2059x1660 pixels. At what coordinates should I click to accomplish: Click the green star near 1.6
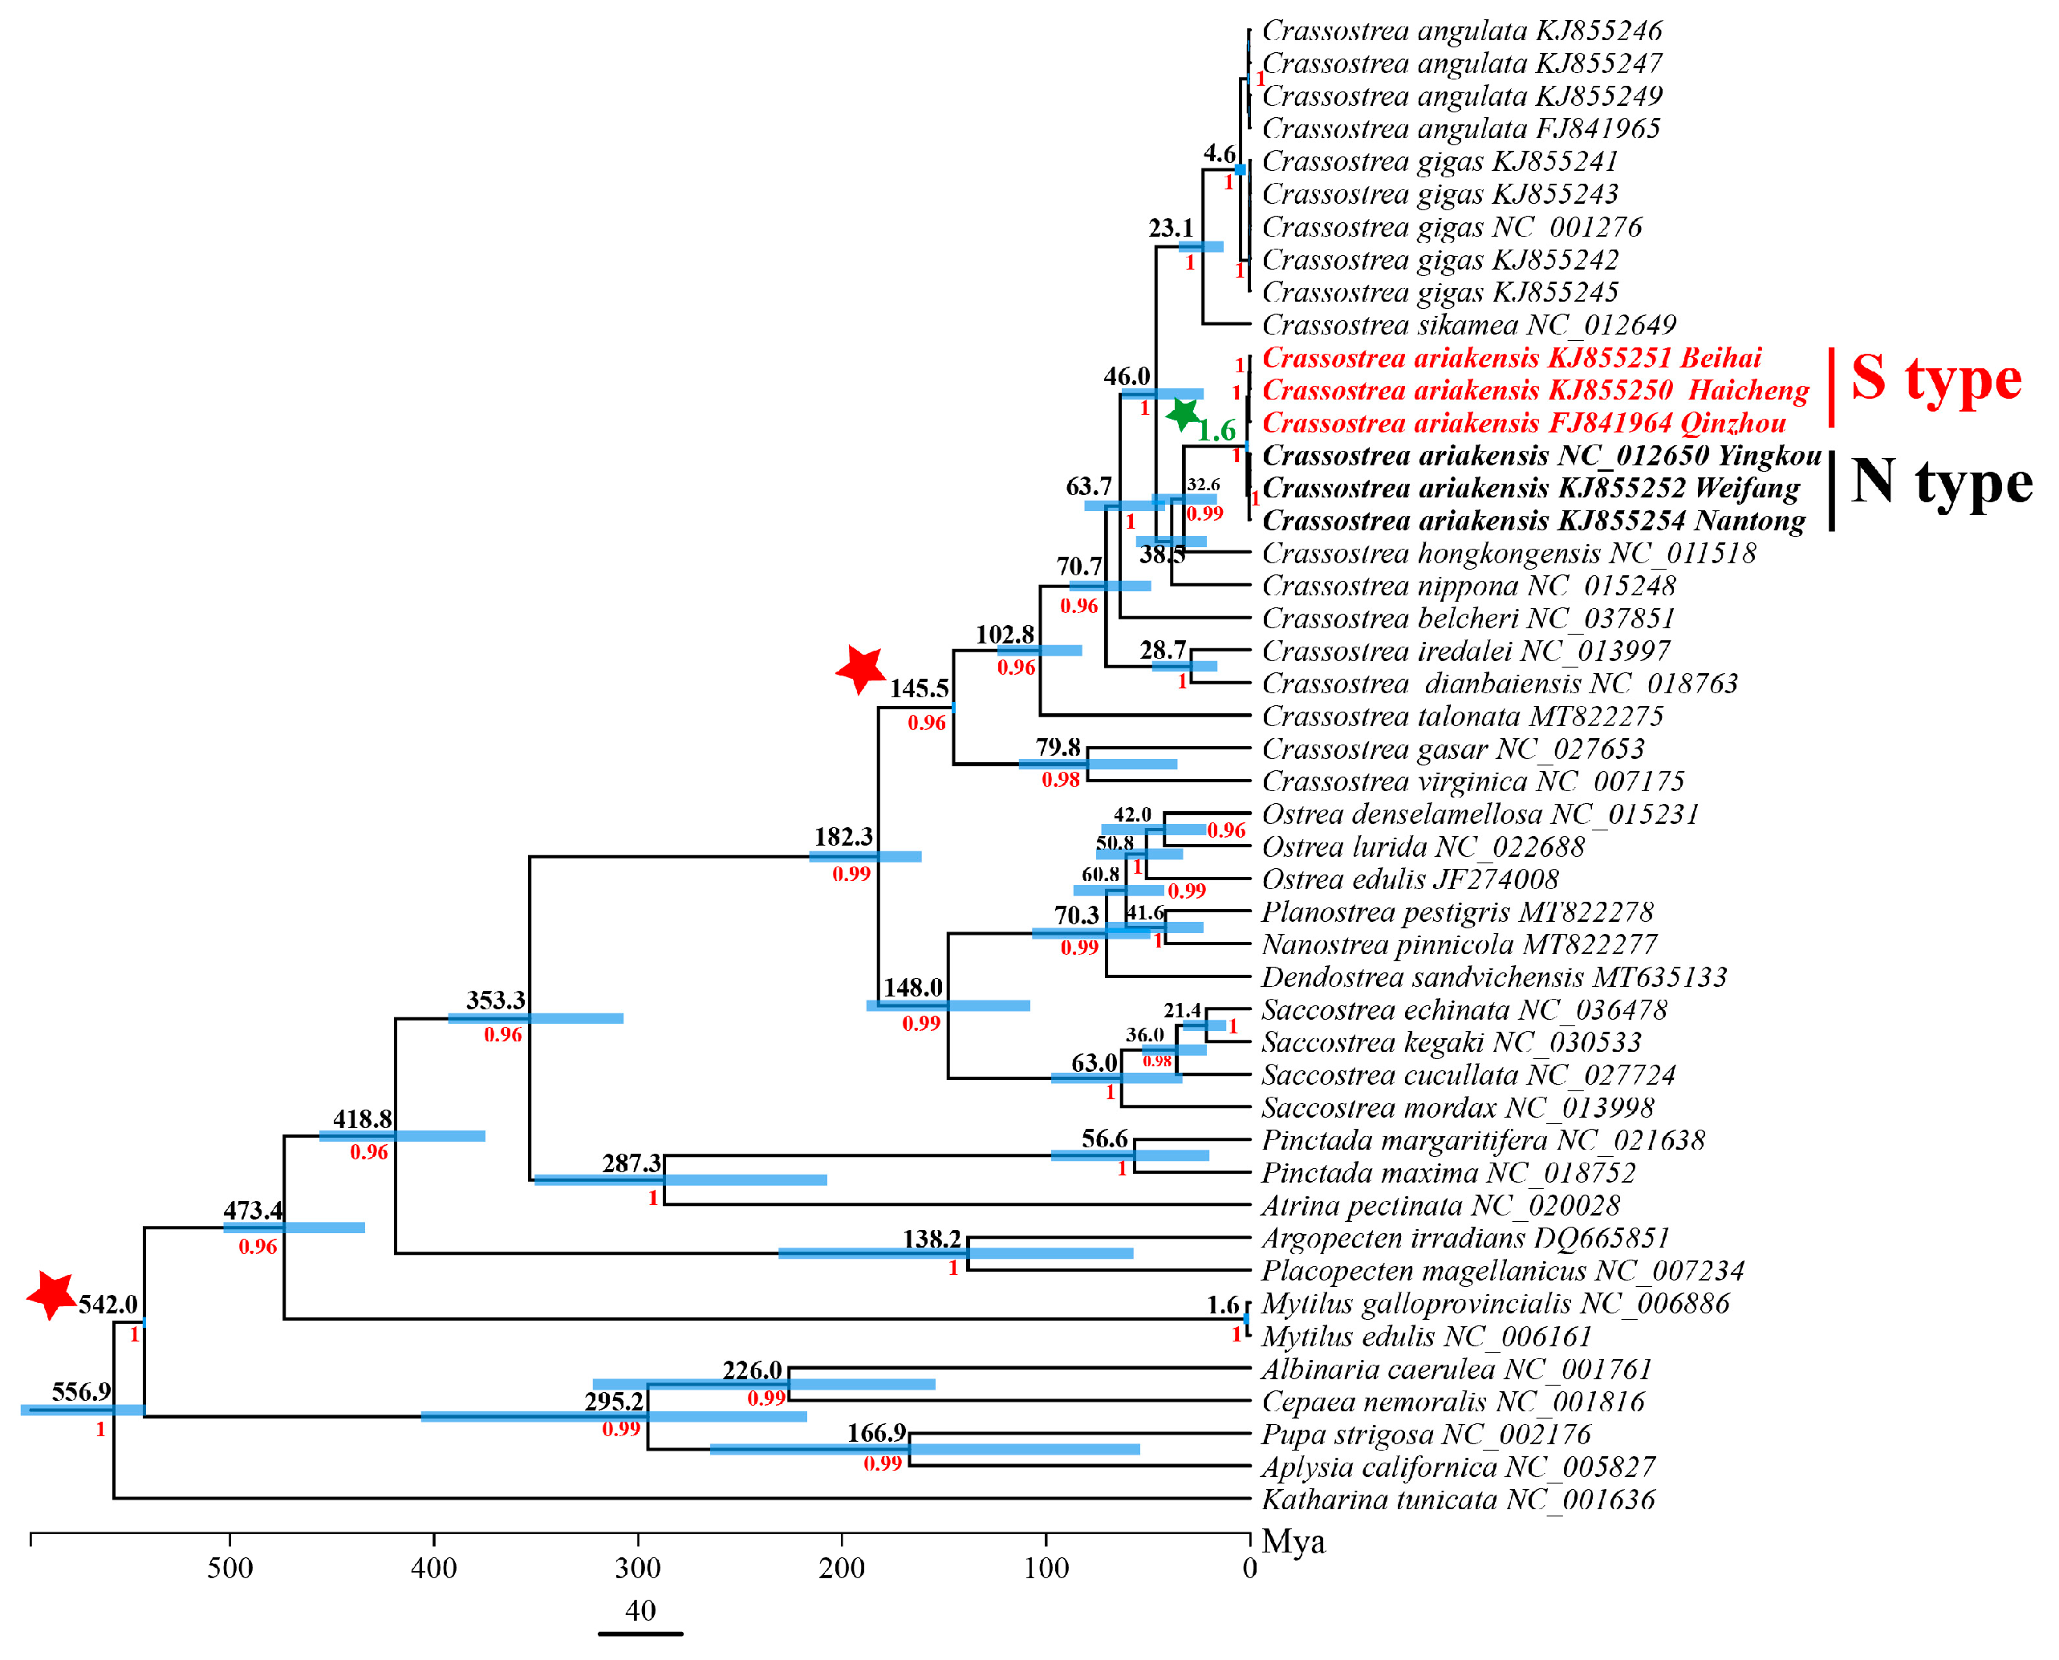tap(1184, 414)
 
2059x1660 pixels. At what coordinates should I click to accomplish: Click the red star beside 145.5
tap(861, 668)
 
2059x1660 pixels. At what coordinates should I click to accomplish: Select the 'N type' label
tap(1940, 483)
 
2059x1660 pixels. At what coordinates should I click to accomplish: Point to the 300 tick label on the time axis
tap(638, 1569)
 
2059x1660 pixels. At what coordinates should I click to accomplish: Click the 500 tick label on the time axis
tap(229, 1569)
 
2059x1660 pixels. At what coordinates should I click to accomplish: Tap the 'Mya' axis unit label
tap(1293, 1541)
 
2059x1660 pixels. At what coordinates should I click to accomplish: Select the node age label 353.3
tap(495, 1000)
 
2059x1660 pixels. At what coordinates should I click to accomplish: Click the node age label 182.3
tap(843, 837)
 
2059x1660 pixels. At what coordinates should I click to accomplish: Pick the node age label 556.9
tap(80, 1391)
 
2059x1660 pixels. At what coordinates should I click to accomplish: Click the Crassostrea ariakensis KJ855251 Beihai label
tap(1511, 359)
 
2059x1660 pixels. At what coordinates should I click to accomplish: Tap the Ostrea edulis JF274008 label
tap(1410, 879)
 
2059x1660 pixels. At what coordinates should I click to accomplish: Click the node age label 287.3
tap(632, 1163)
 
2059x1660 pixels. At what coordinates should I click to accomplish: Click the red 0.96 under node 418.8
tap(368, 1152)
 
